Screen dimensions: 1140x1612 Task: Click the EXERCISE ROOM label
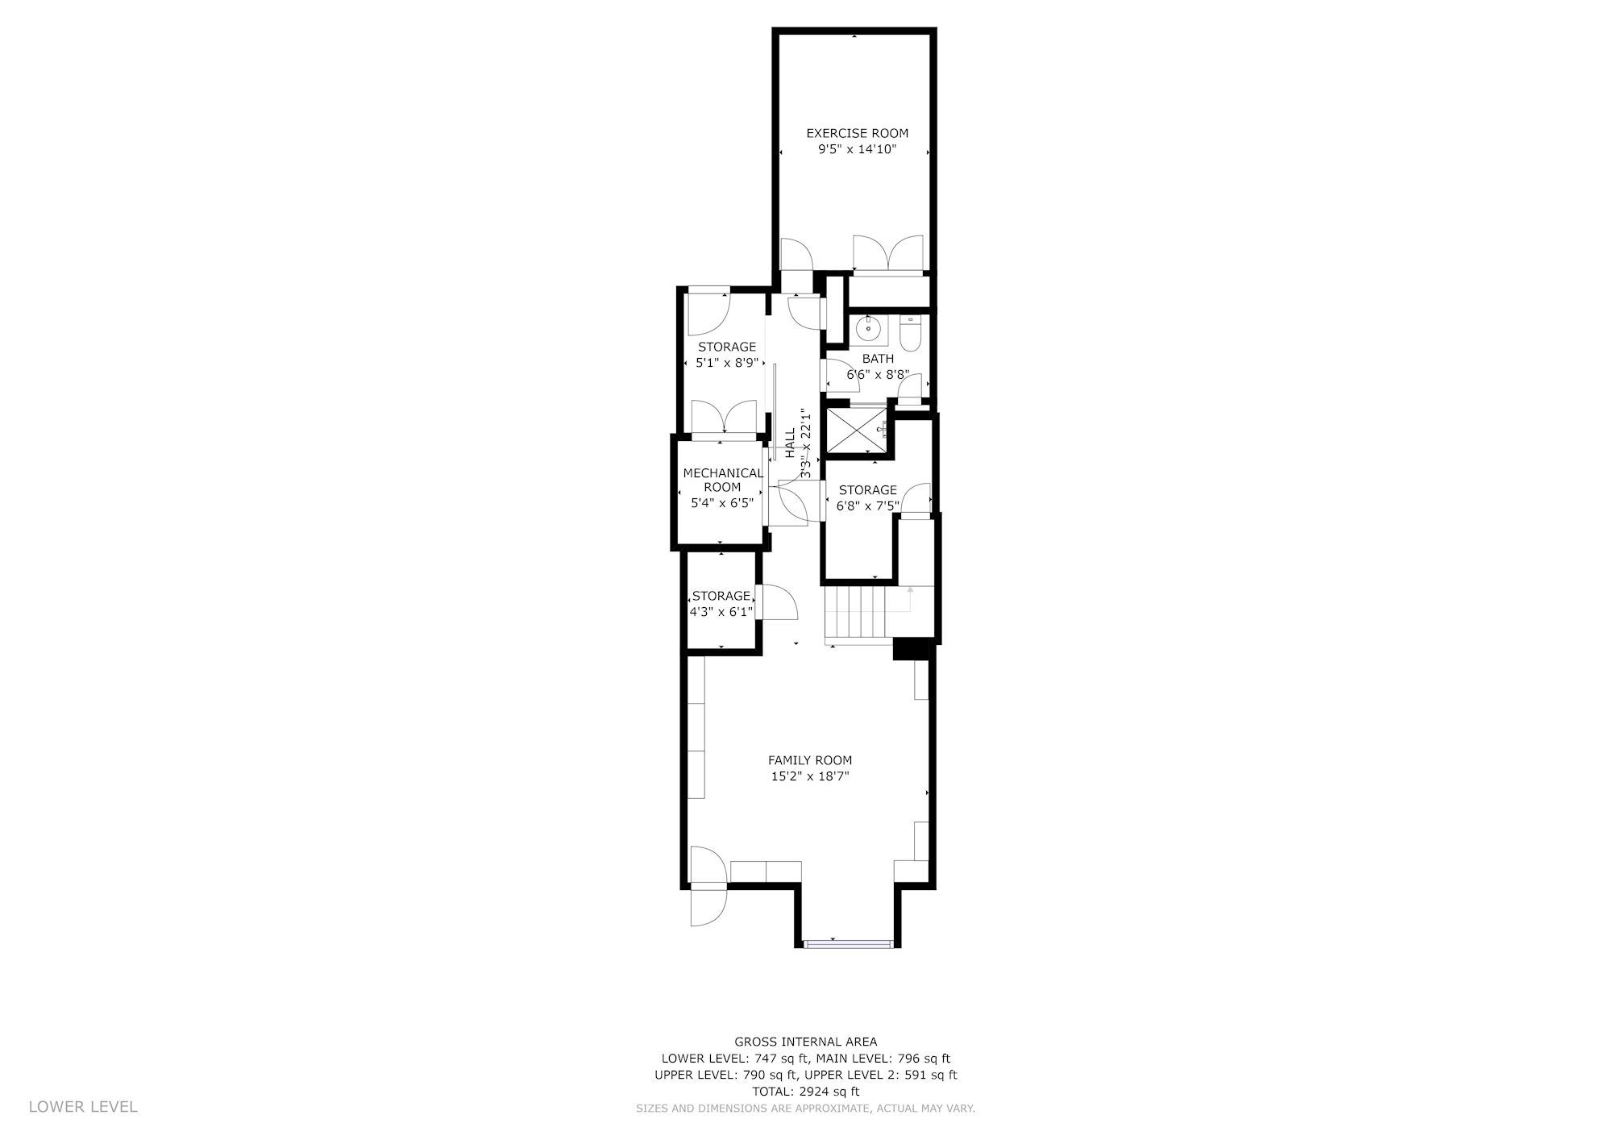coord(857,133)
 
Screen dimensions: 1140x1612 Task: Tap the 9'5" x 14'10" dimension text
coord(857,149)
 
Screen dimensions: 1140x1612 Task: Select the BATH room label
coord(878,359)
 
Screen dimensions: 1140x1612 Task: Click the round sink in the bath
coord(867,328)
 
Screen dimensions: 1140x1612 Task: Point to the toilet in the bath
coord(910,334)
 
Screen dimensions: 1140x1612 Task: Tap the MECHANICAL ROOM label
coord(722,480)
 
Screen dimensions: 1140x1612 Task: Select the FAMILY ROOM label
coord(809,760)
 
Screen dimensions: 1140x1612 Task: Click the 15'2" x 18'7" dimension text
coord(809,777)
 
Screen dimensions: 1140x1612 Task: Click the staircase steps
coord(858,612)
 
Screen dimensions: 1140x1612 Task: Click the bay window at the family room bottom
coord(849,942)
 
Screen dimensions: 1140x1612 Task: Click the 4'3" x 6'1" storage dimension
coord(721,612)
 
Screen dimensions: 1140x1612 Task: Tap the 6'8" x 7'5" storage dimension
coord(867,506)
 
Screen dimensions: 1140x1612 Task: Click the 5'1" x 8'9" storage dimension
coord(727,363)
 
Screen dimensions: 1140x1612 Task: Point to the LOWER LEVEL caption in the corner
coord(83,1107)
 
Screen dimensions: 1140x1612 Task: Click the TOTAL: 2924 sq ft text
coord(806,1092)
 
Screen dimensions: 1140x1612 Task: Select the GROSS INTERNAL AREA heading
coord(806,1042)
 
